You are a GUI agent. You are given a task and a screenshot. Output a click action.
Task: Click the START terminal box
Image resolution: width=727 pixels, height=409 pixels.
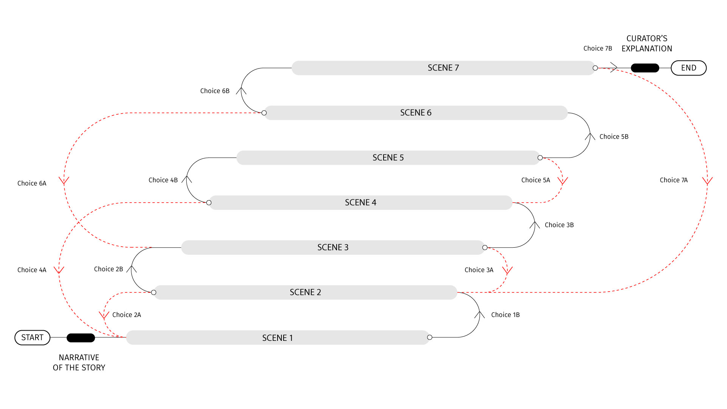pyautogui.click(x=32, y=337)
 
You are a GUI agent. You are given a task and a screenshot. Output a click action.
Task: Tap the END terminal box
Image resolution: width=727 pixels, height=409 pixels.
pyautogui.click(x=688, y=68)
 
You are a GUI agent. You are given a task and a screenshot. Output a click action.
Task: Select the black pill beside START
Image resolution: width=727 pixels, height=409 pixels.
pyautogui.click(x=81, y=337)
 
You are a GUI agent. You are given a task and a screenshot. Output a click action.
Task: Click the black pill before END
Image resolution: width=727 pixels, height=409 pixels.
pyautogui.click(x=645, y=68)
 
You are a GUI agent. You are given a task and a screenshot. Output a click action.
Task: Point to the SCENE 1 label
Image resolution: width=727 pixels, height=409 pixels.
pyautogui.click(x=278, y=338)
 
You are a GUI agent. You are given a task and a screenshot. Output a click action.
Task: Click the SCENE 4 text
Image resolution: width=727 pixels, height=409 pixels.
pyautogui.click(x=360, y=203)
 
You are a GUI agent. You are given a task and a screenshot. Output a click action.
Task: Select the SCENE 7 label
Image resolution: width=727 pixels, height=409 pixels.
pyautogui.click(x=443, y=68)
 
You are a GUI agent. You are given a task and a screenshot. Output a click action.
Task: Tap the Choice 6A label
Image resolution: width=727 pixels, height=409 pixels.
pyautogui.click(x=32, y=183)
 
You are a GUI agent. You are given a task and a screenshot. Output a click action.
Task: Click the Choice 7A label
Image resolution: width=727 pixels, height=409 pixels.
pyautogui.click(x=674, y=180)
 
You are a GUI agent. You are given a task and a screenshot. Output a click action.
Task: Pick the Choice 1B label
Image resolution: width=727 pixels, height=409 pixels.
pyautogui.click(x=505, y=315)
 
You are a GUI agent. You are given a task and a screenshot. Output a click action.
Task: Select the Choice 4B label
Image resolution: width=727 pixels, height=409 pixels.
pyautogui.click(x=163, y=180)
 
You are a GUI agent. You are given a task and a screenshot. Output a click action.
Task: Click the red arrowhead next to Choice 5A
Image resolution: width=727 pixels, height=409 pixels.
pyautogui.click(x=563, y=181)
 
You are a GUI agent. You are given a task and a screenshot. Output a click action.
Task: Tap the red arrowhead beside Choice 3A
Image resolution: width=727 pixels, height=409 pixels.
pyautogui.click(x=507, y=270)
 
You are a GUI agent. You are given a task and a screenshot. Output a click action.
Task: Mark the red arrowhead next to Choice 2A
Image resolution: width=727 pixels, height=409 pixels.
pyautogui.click(x=104, y=315)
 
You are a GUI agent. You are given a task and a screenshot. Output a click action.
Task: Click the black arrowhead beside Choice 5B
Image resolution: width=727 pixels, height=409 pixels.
pyautogui.click(x=590, y=136)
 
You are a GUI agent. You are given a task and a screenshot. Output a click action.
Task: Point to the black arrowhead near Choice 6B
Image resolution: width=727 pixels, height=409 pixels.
pyautogui.click(x=241, y=91)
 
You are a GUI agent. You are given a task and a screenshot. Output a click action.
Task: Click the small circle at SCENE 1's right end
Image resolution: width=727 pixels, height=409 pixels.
pyautogui.click(x=429, y=337)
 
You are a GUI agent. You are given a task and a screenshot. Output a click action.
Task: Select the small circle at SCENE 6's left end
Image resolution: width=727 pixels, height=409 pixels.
pyautogui.click(x=264, y=113)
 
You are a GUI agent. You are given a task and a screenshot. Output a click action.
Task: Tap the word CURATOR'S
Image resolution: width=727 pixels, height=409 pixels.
pyautogui.click(x=647, y=39)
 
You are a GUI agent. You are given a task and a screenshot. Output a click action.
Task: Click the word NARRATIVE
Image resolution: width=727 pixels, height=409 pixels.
pyautogui.click(x=79, y=357)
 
